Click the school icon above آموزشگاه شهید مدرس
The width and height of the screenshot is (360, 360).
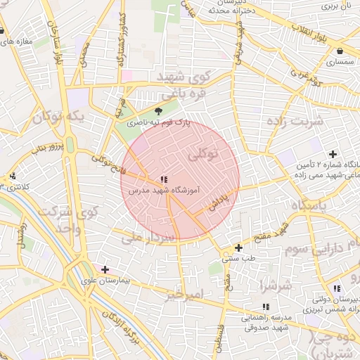click(163, 180)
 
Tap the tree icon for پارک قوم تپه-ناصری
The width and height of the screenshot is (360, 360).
click(158, 111)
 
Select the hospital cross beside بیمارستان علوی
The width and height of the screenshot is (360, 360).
click(105, 269)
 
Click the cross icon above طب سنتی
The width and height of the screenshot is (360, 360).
click(239, 247)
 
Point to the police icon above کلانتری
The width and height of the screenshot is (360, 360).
click(13, 176)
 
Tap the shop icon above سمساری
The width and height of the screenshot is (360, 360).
click(340, 51)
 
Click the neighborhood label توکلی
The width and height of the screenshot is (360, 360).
click(205, 153)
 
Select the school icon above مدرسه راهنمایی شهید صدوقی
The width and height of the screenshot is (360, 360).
click(265, 307)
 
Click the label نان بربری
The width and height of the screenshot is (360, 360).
click(336, 6)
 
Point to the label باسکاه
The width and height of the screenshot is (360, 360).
click(310, 205)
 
